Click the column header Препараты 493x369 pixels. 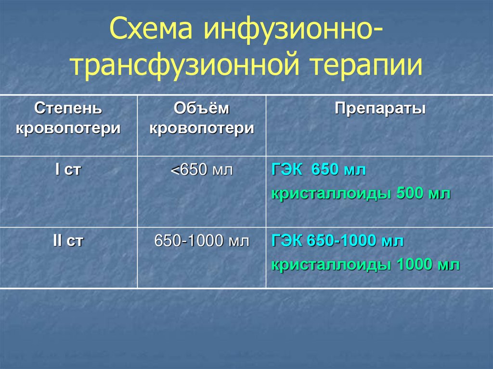coord(380,109)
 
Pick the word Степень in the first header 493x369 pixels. coord(68,109)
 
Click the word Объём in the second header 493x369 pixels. coord(202,109)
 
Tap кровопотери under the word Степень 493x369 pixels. coord(68,128)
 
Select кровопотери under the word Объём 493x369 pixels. coord(202,128)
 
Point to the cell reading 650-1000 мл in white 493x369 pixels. coord(202,241)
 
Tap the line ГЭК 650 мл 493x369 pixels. coord(319,170)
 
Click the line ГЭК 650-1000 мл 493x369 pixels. coord(337,241)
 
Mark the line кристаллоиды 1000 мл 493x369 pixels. coord(365,265)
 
